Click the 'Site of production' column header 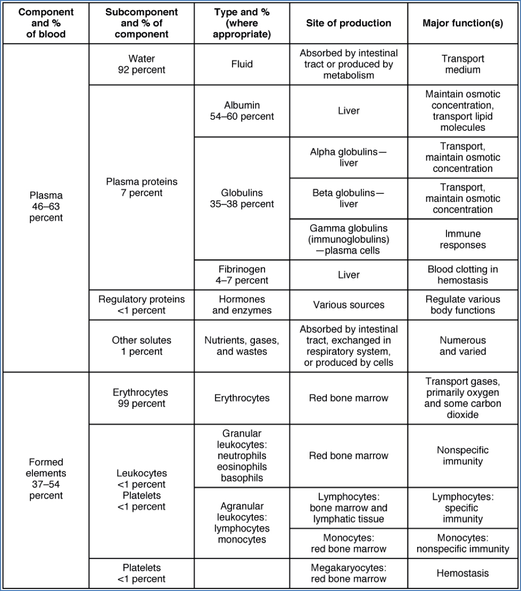(349, 23)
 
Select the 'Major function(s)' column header (463, 23)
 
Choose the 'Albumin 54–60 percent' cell (242, 111)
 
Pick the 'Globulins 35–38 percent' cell (242, 198)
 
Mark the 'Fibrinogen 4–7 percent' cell (242, 274)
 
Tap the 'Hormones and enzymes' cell (242, 304)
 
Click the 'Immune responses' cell (463, 239)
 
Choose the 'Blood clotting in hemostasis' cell (463, 274)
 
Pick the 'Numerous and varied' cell (463, 346)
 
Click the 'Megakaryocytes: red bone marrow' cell (349, 573)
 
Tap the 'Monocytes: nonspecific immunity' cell (463, 543)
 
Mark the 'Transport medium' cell (463, 64)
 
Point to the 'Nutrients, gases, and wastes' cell (242, 346)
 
